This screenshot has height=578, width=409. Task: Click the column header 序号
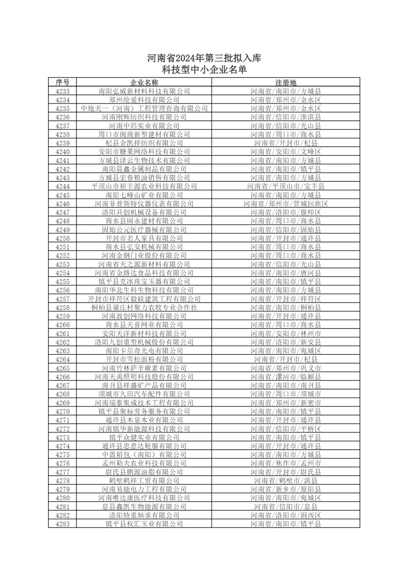pyautogui.click(x=62, y=82)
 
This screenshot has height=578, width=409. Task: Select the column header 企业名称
pyautogui.click(x=144, y=82)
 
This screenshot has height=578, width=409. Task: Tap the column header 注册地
pyautogui.click(x=286, y=82)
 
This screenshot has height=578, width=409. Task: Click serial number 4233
pyautogui.click(x=62, y=91)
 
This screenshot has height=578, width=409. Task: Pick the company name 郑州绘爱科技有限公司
pyautogui.click(x=144, y=100)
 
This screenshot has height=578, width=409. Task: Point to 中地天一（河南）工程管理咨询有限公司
pyautogui.click(x=144, y=108)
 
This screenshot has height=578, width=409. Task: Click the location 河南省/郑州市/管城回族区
pyautogui.click(x=286, y=204)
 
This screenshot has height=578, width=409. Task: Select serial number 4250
pyautogui.click(x=62, y=238)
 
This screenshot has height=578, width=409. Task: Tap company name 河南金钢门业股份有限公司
pyautogui.click(x=144, y=256)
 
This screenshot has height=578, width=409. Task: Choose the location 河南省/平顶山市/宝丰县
pyautogui.click(x=286, y=186)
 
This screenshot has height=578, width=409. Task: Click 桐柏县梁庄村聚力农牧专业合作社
pyautogui.click(x=144, y=307)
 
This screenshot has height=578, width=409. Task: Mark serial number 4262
pyautogui.click(x=62, y=342)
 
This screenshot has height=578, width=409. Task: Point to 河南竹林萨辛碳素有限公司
pyautogui.click(x=144, y=368)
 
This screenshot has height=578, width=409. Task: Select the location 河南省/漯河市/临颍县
pyautogui.click(x=286, y=377)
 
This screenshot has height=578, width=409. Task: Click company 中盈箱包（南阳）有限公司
pyautogui.click(x=144, y=454)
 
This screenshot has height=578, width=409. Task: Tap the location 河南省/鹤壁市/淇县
pyautogui.click(x=286, y=480)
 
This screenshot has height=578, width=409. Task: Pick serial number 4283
pyautogui.click(x=62, y=524)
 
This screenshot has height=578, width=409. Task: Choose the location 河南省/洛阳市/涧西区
pyautogui.click(x=286, y=515)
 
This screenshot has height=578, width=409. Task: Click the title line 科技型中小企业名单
pyautogui.click(x=204, y=69)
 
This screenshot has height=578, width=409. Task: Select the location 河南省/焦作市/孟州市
pyautogui.click(x=286, y=463)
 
